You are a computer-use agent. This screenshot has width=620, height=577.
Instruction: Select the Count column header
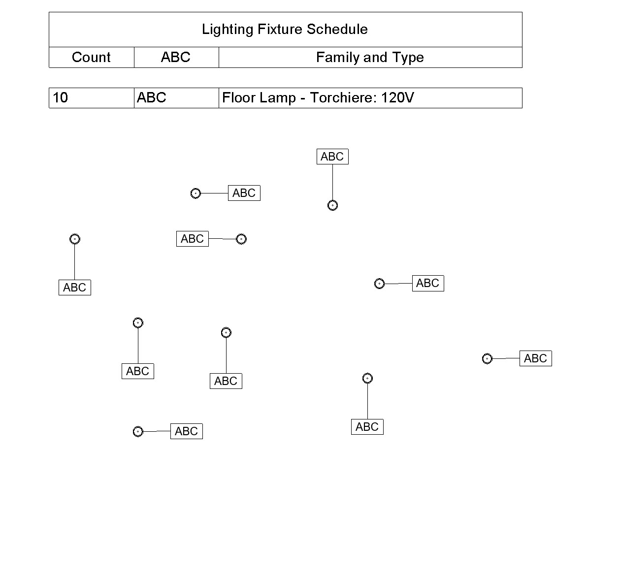pyautogui.click(x=91, y=58)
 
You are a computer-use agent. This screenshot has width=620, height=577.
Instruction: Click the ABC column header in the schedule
pyautogui.click(x=176, y=58)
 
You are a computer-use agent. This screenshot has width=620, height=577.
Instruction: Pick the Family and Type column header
pyautogui.click(x=370, y=58)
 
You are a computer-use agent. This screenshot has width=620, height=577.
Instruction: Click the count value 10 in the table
pyautogui.click(x=60, y=97)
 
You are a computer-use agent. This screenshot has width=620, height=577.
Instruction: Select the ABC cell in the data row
pyautogui.click(x=152, y=97)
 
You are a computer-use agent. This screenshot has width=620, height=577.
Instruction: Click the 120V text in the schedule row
pyautogui.click(x=397, y=97)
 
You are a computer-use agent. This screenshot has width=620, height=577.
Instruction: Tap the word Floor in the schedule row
pyautogui.click(x=239, y=97)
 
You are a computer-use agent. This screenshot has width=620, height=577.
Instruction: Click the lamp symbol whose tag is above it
pyautogui.click(x=333, y=205)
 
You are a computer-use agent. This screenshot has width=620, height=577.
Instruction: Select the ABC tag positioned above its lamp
pyautogui.click(x=332, y=157)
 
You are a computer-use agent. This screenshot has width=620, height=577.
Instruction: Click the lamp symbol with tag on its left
pyautogui.click(x=241, y=239)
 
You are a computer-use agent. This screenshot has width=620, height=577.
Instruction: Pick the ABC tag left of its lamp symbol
pyautogui.click(x=193, y=239)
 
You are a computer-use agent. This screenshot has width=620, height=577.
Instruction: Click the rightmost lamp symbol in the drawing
pyautogui.click(x=487, y=359)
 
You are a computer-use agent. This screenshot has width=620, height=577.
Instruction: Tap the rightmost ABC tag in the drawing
pyautogui.click(x=536, y=358)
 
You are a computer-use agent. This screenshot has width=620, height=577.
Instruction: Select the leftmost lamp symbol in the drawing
pyautogui.click(x=75, y=239)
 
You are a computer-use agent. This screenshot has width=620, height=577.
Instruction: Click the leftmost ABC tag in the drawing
pyautogui.click(x=75, y=288)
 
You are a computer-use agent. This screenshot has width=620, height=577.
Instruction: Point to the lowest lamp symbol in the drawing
pyautogui.click(x=138, y=432)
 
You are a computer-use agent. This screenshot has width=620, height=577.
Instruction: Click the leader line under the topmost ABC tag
pyautogui.click(x=333, y=182)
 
